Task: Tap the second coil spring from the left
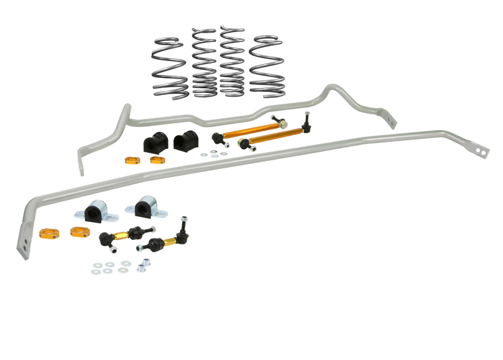point(203,63)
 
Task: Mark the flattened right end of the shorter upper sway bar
point(391,118)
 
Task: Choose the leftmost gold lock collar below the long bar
point(48,233)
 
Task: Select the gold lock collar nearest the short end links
point(79,232)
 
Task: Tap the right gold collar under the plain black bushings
point(157,160)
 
